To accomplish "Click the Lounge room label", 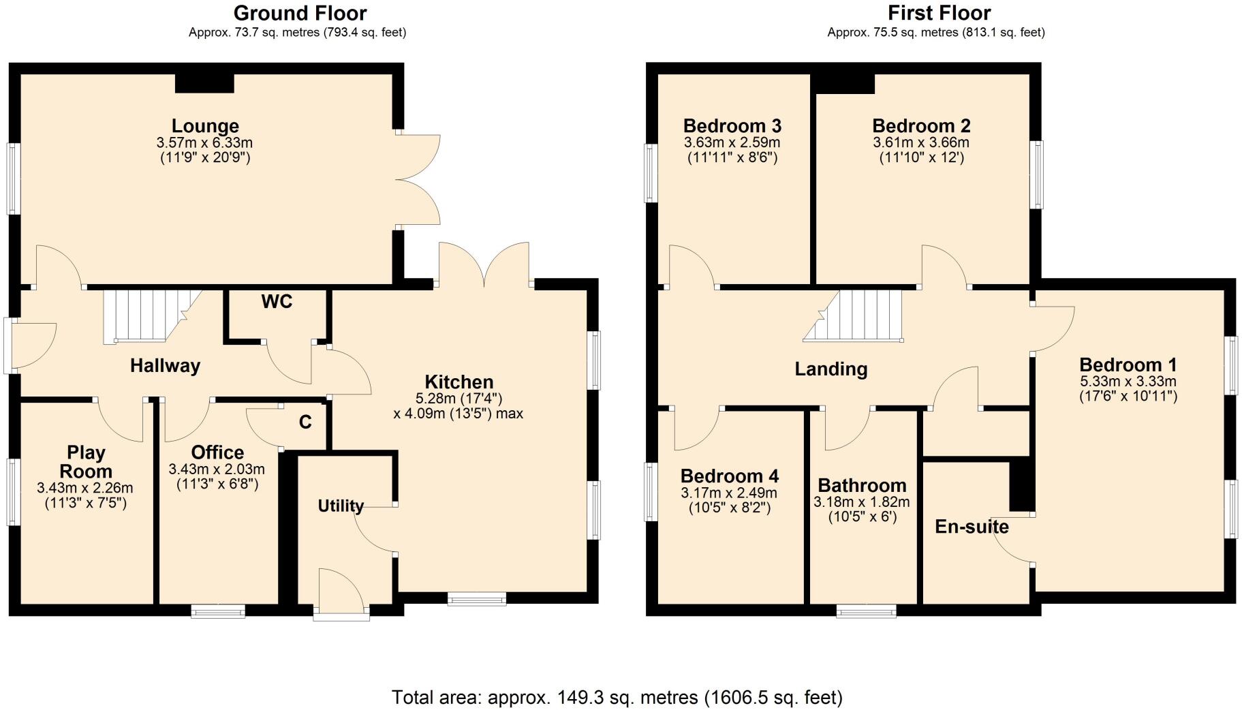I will (205, 126).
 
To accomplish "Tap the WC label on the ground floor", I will (277, 302).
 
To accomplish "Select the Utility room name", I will (341, 506).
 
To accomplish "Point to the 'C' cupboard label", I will (305, 422).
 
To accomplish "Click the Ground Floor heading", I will (300, 13).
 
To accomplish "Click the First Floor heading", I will (939, 13).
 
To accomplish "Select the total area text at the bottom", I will (617, 697).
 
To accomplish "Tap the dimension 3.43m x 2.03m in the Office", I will (217, 469).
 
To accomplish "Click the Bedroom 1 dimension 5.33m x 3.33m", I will (1128, 382).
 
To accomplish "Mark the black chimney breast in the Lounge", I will (204, 83).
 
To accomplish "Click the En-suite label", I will (972, 527).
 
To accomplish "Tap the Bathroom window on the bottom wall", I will (866, 611).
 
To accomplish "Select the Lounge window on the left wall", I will (13, 179).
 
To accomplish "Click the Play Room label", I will (86, 462).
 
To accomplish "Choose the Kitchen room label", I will (459, 382).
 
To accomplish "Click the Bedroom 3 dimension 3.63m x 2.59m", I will (732, 143).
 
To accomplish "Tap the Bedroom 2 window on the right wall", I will (1036, 174).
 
